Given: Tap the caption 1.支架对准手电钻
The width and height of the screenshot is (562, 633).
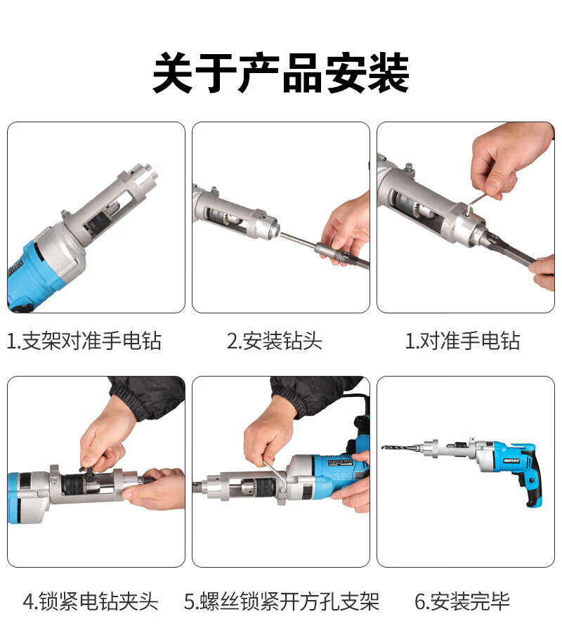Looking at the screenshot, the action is [84, 341].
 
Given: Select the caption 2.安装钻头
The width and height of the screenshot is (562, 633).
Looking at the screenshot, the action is [275, 341].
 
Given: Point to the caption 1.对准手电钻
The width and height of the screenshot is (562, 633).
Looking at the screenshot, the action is [462, 341].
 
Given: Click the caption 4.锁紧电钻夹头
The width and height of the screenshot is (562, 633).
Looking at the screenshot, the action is [91, 601].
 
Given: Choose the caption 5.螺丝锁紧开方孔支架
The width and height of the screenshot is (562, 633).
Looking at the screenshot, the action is [282, 601].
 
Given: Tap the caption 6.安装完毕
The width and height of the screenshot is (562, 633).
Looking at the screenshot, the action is [462, 601].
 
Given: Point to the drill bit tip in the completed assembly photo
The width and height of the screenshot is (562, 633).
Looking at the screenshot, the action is [384, 447].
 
